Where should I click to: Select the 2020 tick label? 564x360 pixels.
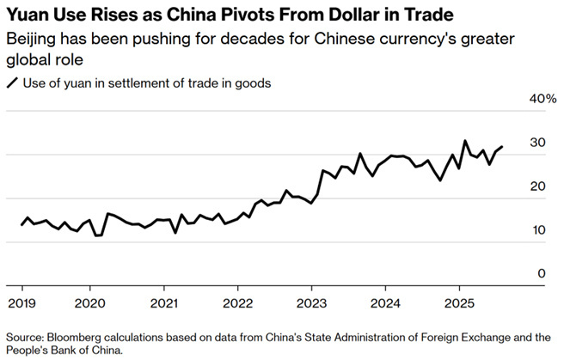click(x=91, y=303)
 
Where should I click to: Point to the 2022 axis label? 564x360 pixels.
click(x=238, y=303)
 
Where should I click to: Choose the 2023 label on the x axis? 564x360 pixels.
click(x=312, y=303)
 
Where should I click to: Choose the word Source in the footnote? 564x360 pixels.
click(x=24, y=337)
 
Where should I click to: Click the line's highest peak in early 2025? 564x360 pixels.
click(x=465, y=141)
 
